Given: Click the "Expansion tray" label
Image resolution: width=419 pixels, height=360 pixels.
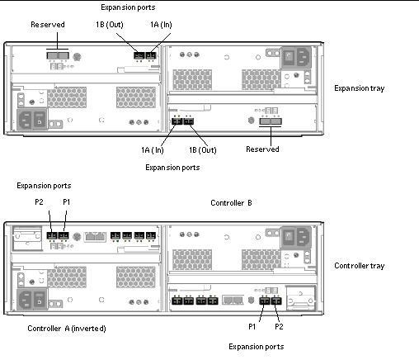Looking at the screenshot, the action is click(359, 88).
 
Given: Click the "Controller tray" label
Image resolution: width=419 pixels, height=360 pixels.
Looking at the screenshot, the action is click(359, 266).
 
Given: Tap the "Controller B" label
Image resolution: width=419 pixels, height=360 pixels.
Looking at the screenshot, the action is click(231, 203).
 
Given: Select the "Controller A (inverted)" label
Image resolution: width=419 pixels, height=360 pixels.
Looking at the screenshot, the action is click(67, 329).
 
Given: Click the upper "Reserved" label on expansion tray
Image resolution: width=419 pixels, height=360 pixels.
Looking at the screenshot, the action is click(48, 25).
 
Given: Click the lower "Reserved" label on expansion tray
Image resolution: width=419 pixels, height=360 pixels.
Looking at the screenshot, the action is click(262, 149).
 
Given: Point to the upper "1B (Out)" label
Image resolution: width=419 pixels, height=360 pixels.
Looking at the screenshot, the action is click(110, 25).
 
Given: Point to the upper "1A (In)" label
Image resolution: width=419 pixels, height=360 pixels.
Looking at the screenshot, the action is click(161, 25).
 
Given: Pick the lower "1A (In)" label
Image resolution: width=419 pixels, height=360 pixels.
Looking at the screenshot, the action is click(153, 150).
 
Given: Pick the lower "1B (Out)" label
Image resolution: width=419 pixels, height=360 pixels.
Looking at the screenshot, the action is click(203, 150).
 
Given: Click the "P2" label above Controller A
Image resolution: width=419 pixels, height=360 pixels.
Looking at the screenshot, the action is click(39, 202).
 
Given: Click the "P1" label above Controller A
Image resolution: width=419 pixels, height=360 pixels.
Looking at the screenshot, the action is click(67, 202).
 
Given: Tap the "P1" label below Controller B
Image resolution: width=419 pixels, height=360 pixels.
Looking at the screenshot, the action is click(252, 327).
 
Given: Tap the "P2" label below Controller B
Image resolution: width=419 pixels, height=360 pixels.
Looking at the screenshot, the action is click(279, 327).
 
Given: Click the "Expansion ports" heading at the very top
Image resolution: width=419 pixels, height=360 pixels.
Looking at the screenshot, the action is click(128, 7).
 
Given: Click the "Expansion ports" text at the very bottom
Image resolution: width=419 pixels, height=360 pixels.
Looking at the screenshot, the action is click(257, 347).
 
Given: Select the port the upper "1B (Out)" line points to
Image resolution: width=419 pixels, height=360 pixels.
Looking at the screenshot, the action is click(139, 55).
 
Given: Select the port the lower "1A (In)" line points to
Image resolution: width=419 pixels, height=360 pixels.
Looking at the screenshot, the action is click(177, 121).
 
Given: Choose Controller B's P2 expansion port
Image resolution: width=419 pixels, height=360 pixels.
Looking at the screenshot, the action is click(276, 301).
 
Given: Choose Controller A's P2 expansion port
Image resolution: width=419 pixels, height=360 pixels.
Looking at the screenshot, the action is click(52, 235).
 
